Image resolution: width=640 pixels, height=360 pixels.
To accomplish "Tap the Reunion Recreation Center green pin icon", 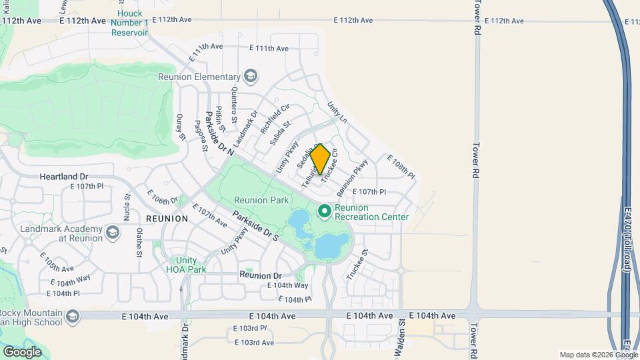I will pyautogui.click(x=325, y=211).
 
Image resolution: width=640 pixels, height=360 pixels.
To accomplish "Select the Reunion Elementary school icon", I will pyautogui.click(x=251, y=76).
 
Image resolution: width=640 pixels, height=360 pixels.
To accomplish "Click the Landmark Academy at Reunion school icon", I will pyautogui.click(x=112, y=233).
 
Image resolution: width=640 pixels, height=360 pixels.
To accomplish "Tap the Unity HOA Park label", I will pyautogui.click(x=186, y=265).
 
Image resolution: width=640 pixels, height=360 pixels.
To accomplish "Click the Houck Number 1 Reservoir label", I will pyautogui.click(x=132, y=23).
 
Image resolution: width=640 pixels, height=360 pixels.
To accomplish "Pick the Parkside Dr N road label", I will pyautogui.click(x=219, y=133).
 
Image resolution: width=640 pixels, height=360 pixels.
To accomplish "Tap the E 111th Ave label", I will pyautogui.click(x=269, y=48).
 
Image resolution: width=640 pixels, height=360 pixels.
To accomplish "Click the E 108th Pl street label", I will pyautogui.click(x=401, y=167).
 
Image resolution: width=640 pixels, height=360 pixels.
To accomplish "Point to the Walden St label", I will pyautogui.click(x=402, y=339).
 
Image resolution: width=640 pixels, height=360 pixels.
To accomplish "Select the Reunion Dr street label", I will pyautogui.click(x=261, y=275).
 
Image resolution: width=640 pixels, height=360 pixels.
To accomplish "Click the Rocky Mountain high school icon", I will pyautogui.click(x=72, y=315).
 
